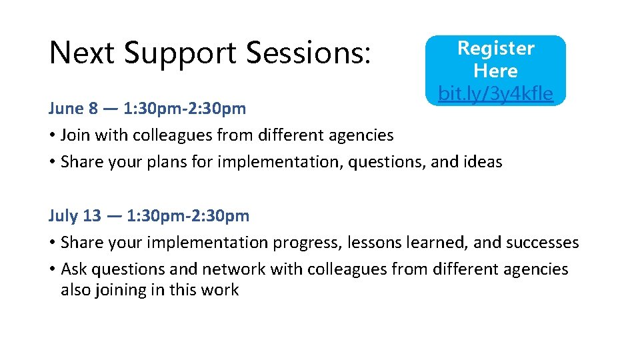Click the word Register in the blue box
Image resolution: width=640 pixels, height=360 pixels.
(495, 49)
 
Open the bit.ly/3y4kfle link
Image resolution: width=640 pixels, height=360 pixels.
(495, 94)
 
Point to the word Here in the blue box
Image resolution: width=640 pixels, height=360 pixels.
(495, 71)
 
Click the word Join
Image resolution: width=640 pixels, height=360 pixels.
(76, 135)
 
